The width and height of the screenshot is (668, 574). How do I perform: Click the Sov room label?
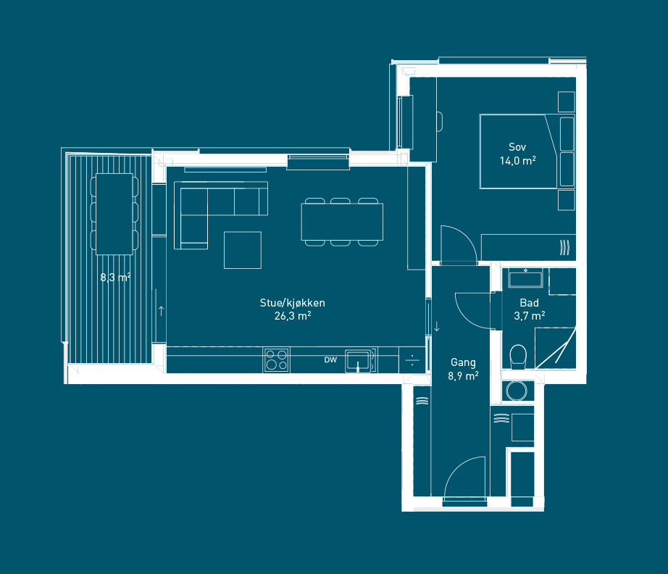517,147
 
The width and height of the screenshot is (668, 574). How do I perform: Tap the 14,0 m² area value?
517,161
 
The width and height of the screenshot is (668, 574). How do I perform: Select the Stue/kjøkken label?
292,303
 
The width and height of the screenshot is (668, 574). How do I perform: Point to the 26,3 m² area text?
293,316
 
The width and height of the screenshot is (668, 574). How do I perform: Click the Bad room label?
529,303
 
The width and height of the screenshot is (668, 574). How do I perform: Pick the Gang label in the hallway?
463,362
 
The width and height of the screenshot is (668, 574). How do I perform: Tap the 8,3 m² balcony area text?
115,278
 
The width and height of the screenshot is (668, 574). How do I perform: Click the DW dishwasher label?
330,359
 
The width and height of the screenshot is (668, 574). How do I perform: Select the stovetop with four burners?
277,360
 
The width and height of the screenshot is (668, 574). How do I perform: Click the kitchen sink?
359,360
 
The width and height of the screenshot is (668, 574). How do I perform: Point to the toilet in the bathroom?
518,357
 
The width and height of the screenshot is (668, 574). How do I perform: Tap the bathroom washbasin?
526,278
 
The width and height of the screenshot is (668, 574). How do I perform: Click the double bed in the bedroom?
527,151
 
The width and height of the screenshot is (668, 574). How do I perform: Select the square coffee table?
243,250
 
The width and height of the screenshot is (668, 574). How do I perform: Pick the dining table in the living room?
342,222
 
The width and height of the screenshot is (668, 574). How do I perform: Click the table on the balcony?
114,214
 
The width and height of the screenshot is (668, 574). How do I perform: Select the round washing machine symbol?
517,391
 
